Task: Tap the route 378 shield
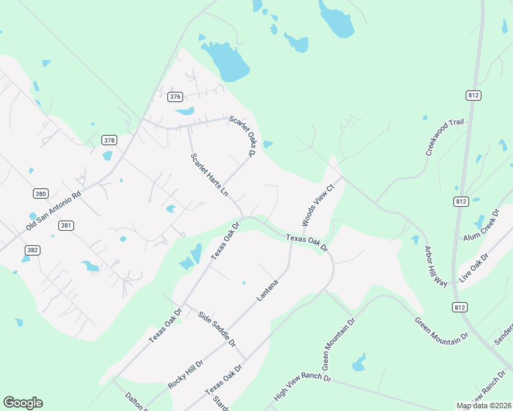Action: (109, 140)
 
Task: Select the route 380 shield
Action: (41, 194)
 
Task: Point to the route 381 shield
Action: (66, 225)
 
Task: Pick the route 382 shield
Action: (32, 250)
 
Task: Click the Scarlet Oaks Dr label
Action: (242, 135)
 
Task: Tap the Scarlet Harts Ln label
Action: (209, 175)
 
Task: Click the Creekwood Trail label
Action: (444, 137)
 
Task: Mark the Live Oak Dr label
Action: (473, 266)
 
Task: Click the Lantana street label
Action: (267, 290)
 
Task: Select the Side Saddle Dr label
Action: (217, 329)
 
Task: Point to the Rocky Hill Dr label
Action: (186, 373)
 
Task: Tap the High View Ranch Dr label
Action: (302, 388)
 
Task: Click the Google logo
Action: (23, 403)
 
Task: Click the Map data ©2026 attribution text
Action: (483, 406)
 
